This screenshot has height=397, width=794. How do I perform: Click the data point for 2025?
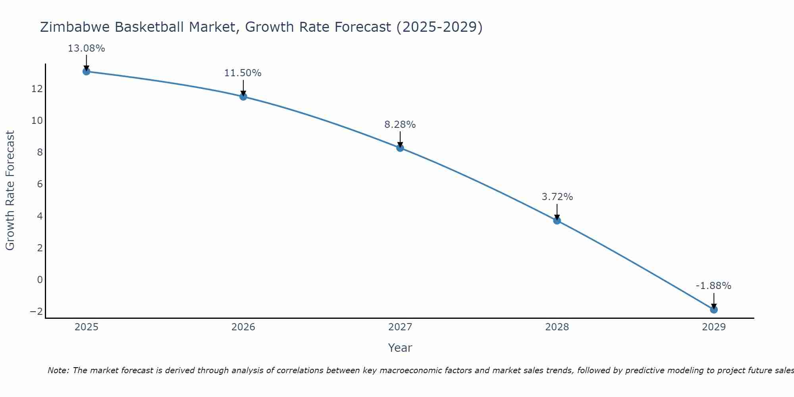pos(87,71)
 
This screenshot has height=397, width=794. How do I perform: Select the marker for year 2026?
pos(243,96)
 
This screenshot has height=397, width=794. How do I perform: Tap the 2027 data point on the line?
pos(400,148)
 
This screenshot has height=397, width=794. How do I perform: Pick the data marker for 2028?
pos(557,220)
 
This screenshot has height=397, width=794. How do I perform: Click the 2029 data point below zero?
pos(714,309)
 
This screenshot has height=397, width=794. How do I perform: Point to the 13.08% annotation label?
pos(87,48)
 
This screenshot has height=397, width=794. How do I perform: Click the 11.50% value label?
pos(243,73)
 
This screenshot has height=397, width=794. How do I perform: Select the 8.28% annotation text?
pos(400,125)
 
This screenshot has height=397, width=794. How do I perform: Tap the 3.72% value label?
pos(557,197)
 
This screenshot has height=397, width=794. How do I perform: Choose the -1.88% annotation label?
pos(713,286)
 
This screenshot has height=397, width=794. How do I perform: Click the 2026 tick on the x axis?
pos(243,327)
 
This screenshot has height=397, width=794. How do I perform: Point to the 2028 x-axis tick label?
pos(557,327)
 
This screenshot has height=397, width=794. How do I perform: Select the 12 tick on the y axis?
pos(37,89)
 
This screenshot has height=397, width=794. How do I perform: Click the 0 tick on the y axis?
pos(40,279)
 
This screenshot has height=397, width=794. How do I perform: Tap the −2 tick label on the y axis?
pos(36,311)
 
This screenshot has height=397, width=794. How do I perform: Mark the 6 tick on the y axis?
pos(40,184)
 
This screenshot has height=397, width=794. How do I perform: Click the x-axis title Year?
pos(400,348)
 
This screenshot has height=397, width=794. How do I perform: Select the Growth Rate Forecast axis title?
pos(10,191)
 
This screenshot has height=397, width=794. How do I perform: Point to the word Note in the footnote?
pos(58,370)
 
